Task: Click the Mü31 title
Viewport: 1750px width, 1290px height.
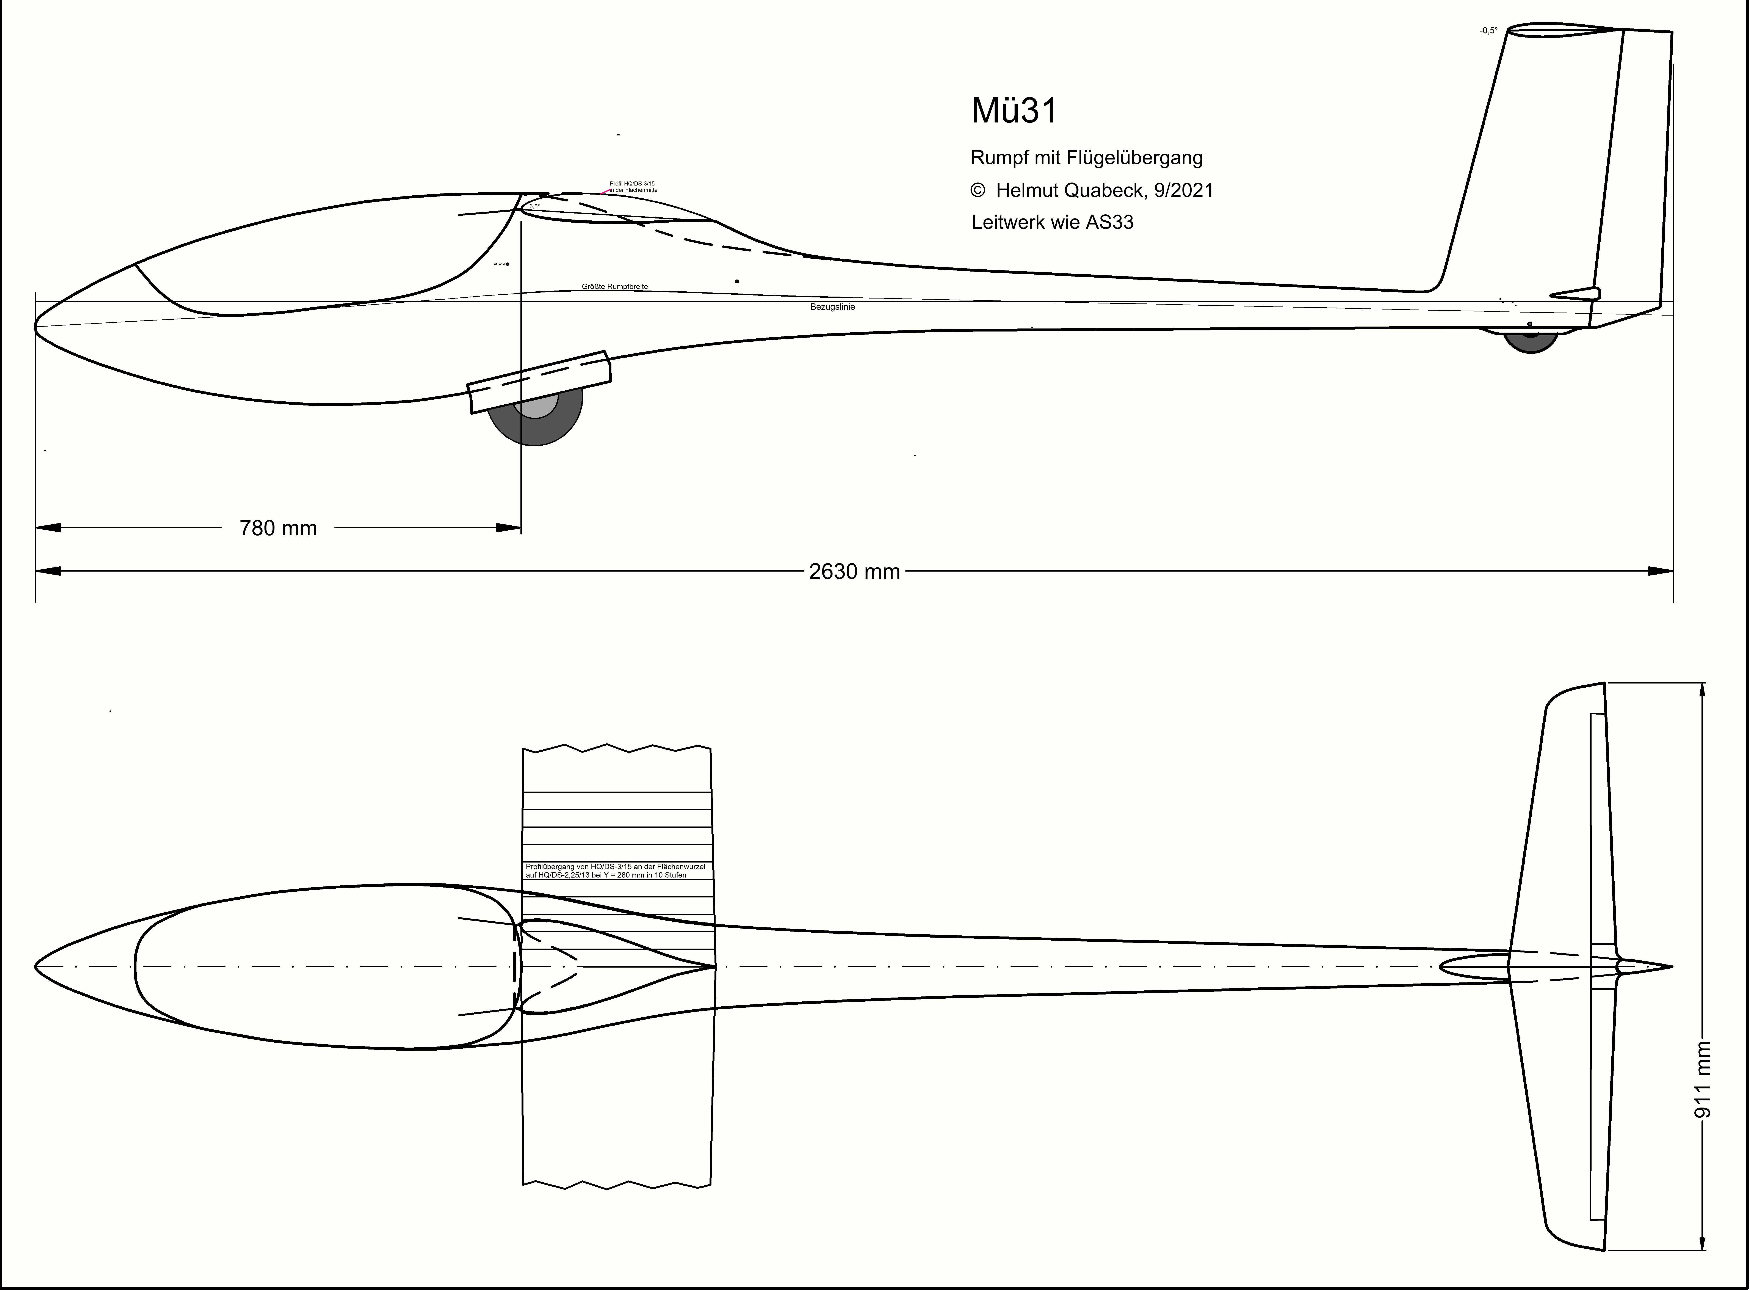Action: (x=1014, y=111)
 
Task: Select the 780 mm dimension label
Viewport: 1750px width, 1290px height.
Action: (x=278, y=529)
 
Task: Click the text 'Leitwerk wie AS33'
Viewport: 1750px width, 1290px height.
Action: (x=1052, y=223)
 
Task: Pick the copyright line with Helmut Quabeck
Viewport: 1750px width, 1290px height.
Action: (x=1091, y=190)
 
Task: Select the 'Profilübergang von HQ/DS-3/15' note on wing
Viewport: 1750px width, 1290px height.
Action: (x=615, y=871)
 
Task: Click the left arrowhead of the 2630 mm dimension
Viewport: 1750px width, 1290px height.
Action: (x=47, y=572)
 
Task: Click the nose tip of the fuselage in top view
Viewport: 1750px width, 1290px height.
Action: (x=36, y=967)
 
